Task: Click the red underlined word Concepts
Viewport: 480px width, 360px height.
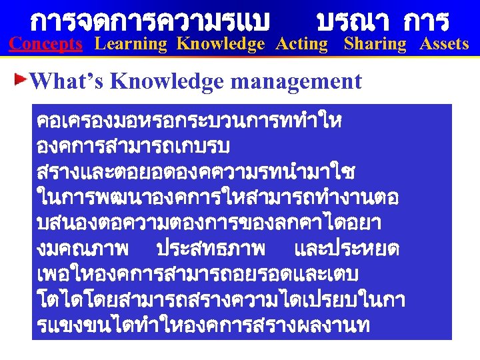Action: [45, 45]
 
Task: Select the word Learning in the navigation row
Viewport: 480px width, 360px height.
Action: [131, 45]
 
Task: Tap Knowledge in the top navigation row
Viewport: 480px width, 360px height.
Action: [221, 45]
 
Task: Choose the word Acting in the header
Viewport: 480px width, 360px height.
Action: [301, 45]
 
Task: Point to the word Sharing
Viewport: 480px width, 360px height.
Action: [375, 45]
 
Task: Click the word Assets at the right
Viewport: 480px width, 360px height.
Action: [444, 45]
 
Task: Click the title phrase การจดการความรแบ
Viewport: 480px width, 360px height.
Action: [151, 21]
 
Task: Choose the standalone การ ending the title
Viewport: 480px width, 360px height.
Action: [426, 21]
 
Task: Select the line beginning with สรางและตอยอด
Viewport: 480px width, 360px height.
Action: [196, 173]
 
